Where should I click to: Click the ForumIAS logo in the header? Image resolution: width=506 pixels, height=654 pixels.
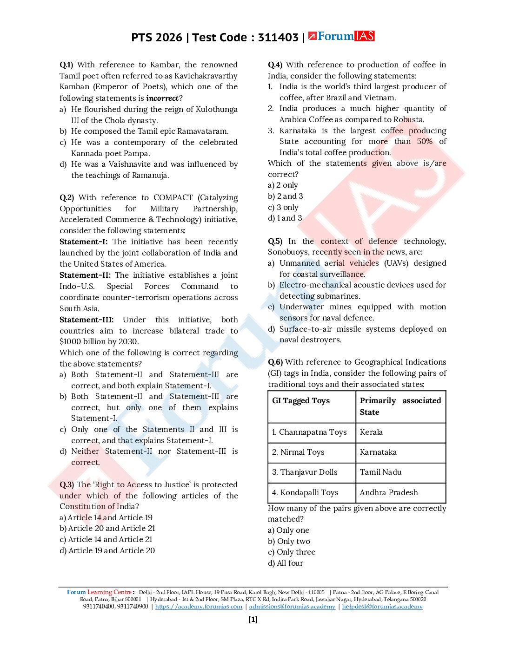341,36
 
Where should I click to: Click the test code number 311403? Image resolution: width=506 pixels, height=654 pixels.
278,38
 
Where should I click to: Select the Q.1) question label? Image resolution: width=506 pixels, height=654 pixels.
66,65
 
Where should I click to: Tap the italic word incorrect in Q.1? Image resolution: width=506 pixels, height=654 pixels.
162,98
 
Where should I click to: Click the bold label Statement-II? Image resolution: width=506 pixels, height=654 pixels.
85,275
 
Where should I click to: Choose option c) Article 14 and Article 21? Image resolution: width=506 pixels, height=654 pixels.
106,539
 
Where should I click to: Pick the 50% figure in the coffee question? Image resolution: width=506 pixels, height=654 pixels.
424,141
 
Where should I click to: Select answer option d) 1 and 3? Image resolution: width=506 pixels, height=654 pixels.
285,218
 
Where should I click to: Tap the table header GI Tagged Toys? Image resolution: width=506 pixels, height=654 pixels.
301,400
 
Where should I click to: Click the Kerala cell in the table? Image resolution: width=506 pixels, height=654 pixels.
371,432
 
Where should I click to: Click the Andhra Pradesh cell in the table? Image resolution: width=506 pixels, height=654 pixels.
389,492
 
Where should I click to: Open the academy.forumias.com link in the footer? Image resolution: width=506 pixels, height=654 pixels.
199,606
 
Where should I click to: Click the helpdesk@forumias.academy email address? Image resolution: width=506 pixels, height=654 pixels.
382,606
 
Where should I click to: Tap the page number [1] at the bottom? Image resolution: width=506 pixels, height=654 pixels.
253,619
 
